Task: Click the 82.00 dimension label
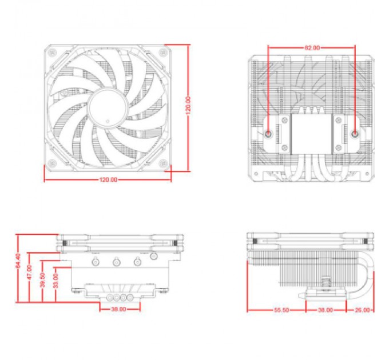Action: (x=312, y=48)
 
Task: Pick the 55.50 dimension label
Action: (x=281, y=310)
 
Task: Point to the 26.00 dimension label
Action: (x=362, y=310)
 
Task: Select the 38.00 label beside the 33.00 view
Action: (x=118, y=310)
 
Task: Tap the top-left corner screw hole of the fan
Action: (x=53, y=52)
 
